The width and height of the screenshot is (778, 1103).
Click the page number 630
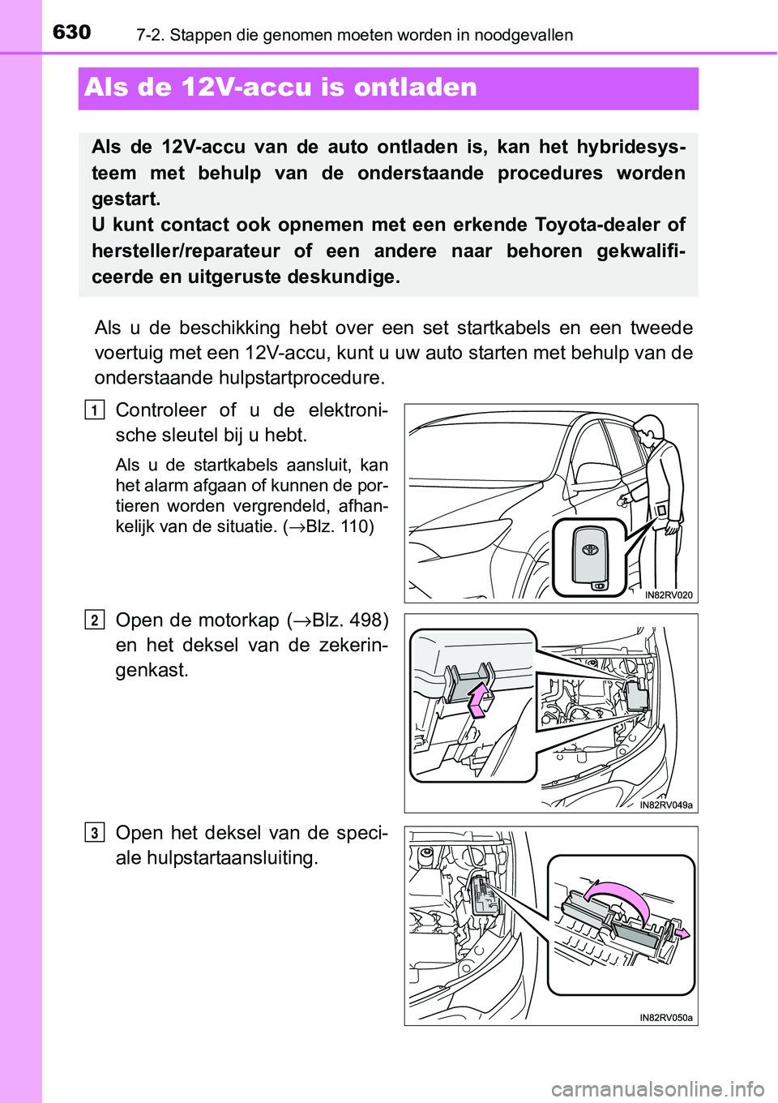[x=72, y=32]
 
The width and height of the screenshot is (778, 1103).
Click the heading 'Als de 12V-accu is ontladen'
[x=280, y=88]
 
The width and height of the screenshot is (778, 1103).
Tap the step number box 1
[x=94, y=411]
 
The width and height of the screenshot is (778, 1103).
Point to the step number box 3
[x=94, y=833]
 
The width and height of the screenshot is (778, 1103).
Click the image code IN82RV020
[x=669, y=595]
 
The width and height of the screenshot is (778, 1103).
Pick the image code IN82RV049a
[x=665, y=805]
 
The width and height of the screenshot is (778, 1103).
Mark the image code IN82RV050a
[x=665, y=1018]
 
